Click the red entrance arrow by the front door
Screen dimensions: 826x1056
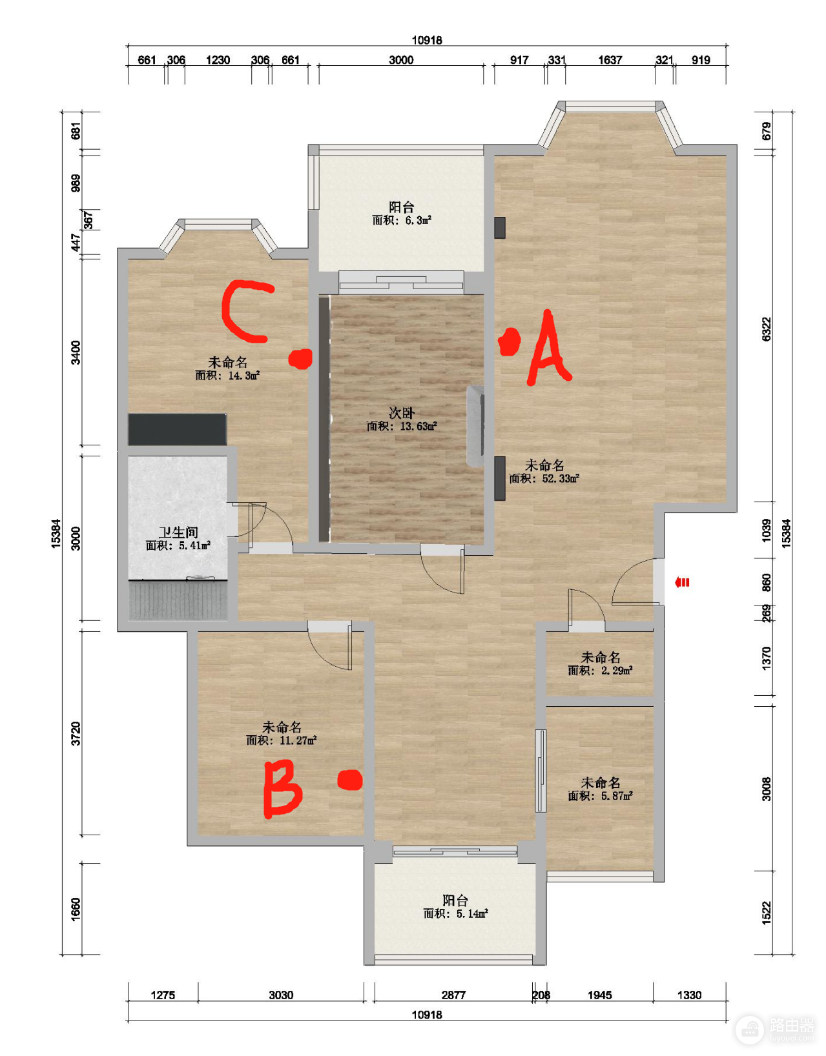pyautogui.click(x=681, y=582)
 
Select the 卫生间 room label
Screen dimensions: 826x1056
pyautogui.click(x=178, y=532)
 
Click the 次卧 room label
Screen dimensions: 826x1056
pyautogui.click(x=402, y=412)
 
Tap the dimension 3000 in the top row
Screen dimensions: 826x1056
pyautogui.click(x=401, y=60)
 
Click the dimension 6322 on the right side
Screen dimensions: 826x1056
pyautogui.click(x=766, y=329)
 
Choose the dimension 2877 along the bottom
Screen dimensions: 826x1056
pyautogui.click(x=453, y=995)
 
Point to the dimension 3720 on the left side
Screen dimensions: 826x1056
pyautogui.click(x=76, y=734)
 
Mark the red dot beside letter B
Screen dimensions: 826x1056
pyautogui.click(x=350, y=780)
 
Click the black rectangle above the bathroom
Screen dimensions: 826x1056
pyautogui.click(x=177, y=429)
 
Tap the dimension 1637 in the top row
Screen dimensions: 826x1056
pyautogui.click(x=610, y=60)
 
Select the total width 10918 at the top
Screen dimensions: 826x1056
pyautogui.click(x=427, y=40)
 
